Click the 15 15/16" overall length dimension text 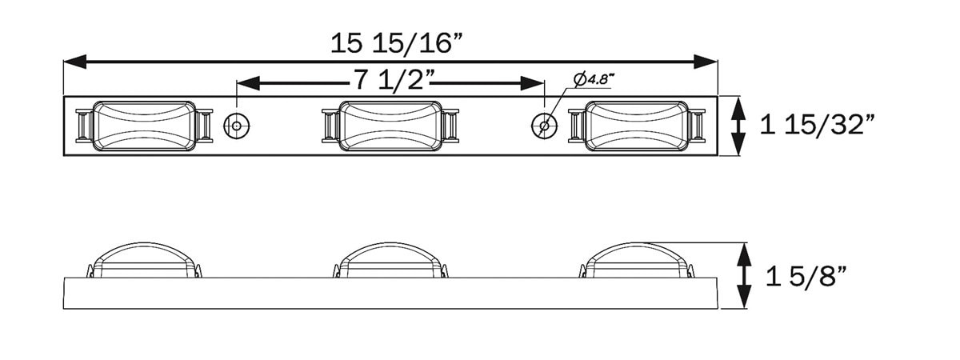click(397, 43)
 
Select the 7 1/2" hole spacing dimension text click(391, 82)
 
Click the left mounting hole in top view click(237, 125)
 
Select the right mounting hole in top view click(545, 125)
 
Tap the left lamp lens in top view click(144, 126)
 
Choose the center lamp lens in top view click(390, 126)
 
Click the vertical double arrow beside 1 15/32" click(739, 126)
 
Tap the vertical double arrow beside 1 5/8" click(745, 277)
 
